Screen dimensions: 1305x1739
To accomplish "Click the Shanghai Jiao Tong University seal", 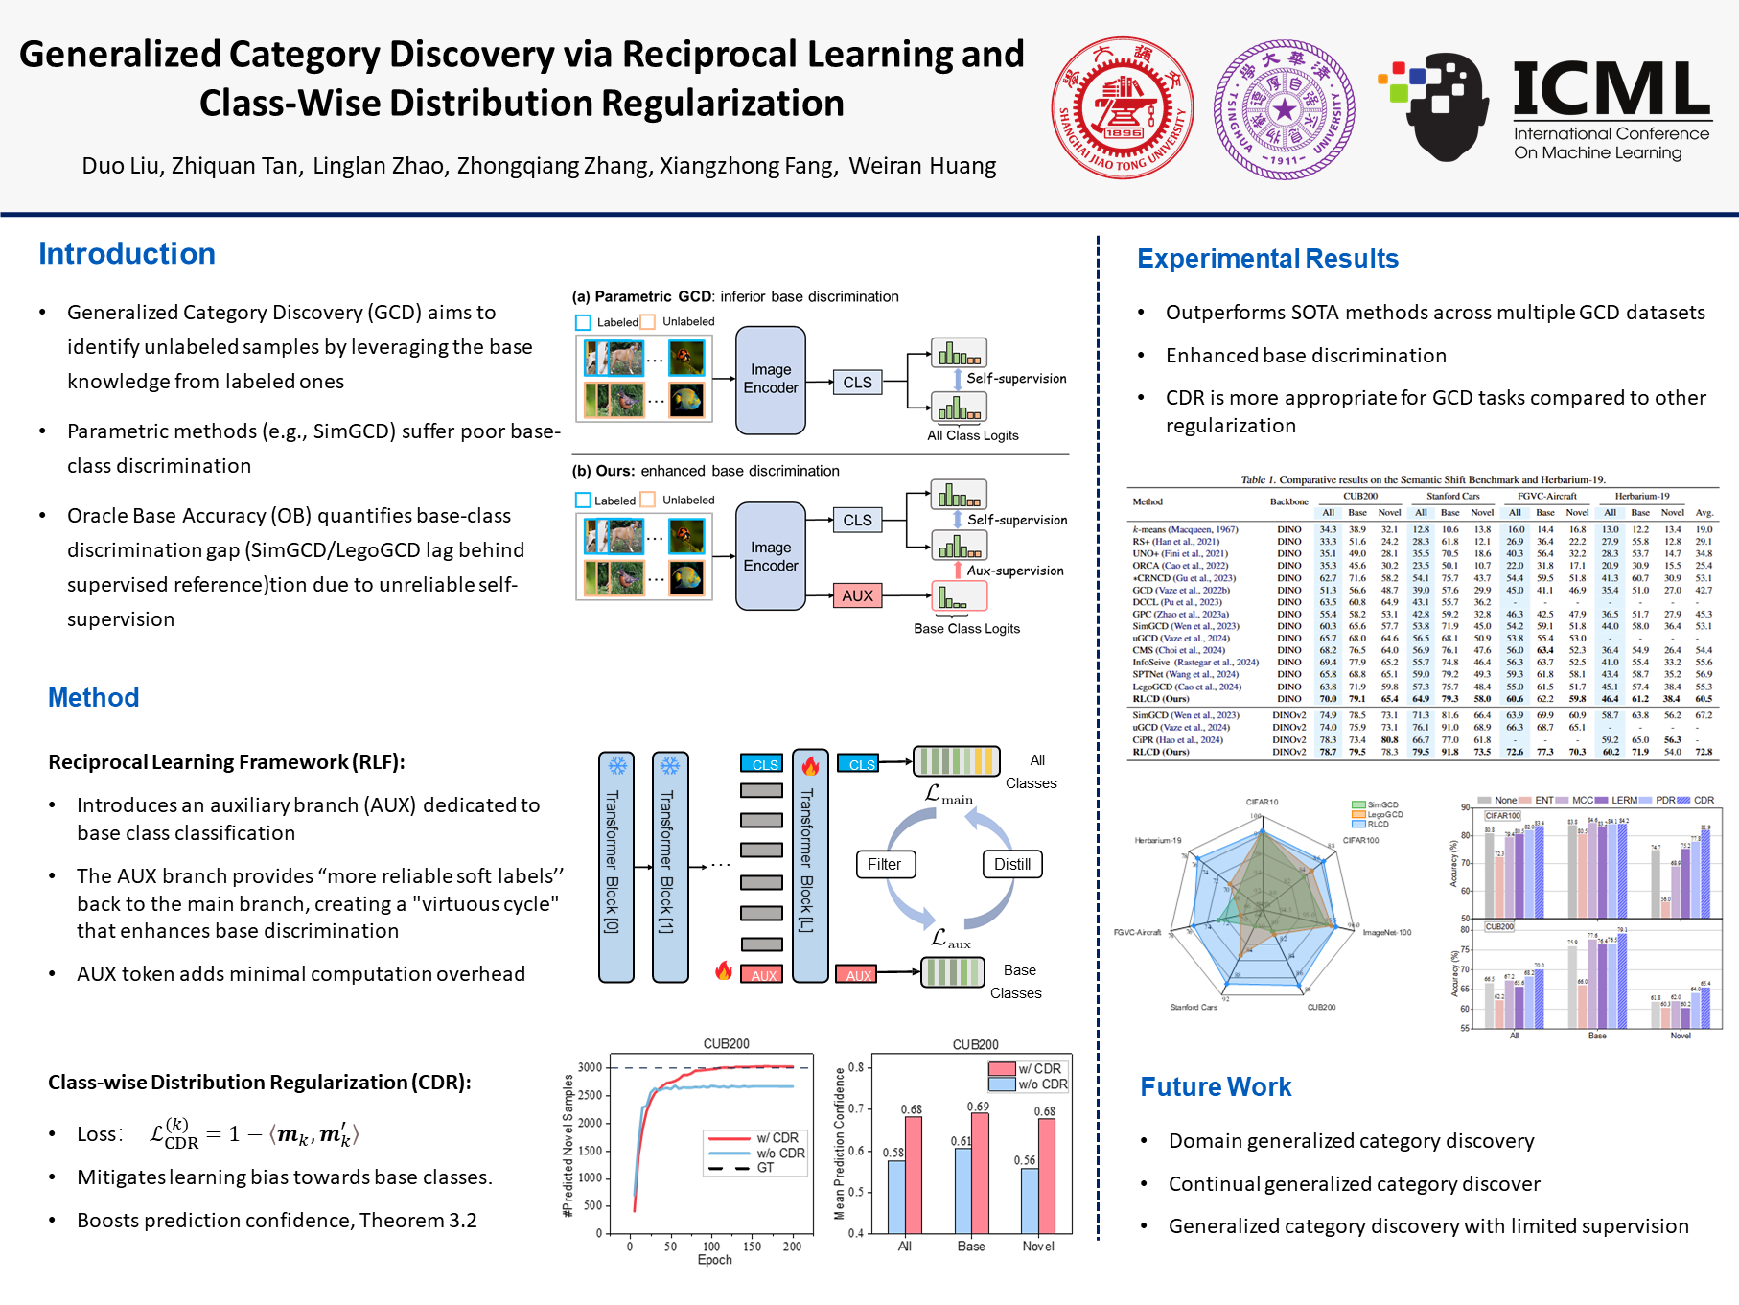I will point(1122,108).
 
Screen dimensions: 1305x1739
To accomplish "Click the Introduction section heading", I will point(127,254).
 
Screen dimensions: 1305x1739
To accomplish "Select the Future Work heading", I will point(1216,1086).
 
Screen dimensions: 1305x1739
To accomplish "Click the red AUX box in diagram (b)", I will point(857,595).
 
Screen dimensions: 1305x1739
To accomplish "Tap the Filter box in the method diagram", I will point(884,864).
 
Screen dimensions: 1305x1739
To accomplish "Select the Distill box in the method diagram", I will point(1011,864).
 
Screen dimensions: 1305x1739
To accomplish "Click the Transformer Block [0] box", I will point(615,867).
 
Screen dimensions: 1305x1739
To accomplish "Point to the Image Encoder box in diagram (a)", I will point(771,380).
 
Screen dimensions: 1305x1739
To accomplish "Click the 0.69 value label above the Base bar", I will point(978,1107).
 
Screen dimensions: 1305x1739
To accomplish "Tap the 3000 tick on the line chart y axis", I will point(590,1067).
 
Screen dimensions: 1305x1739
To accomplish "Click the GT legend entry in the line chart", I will point(765,1168).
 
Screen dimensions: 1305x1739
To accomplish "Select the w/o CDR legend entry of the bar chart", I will point(1041,1084).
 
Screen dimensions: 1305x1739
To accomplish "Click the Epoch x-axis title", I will point(714,1260).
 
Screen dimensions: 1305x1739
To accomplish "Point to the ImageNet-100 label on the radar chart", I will point(1386,932).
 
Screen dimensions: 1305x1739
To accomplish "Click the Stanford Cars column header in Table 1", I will point(1452,496).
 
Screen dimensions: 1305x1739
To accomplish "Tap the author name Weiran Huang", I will point(922,166).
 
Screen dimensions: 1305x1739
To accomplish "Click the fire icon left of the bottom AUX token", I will point(724,970).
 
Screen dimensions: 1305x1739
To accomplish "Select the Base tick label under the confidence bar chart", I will point(970,1247).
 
